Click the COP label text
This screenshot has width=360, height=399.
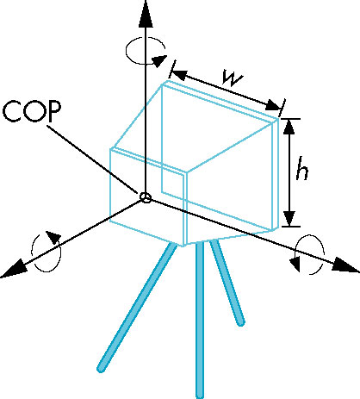tap(32, 111)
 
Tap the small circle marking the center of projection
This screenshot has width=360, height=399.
tap(146, 197)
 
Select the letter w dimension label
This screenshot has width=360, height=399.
tap(233, 78)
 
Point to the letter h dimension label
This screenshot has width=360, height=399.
tap(302, 168)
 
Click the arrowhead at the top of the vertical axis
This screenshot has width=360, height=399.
tap(146, 14)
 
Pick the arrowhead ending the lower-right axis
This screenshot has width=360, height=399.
tap(345, 265)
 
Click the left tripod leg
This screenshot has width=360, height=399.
tap(137, 308)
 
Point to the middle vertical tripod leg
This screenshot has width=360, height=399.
tap(200, 321)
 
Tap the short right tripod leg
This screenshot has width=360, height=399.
tap(227, 283)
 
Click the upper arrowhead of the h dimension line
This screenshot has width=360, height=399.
tap(289, 127)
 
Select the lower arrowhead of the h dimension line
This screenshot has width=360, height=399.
tap(289, 218)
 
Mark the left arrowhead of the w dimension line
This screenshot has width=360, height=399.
tap(179, 74)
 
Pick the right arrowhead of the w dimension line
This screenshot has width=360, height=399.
tap(272, 105)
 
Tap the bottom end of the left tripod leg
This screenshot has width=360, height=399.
tap(101, 369)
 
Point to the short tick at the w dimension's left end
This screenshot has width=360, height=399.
tap(172, 69)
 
